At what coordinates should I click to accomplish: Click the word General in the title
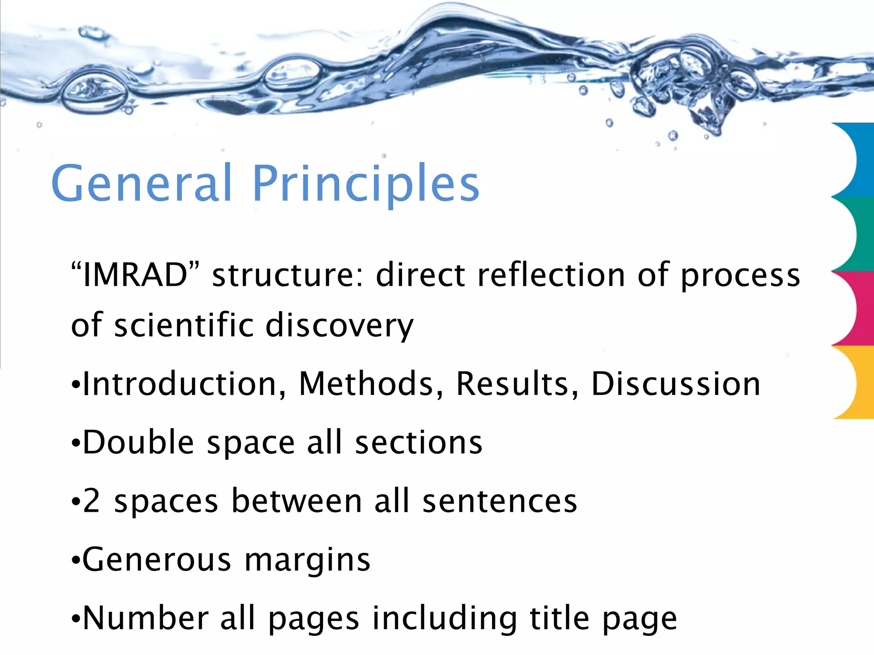coord(141,183)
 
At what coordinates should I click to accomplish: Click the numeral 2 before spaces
coord(91,501)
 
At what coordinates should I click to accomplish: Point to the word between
coord(297,501)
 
